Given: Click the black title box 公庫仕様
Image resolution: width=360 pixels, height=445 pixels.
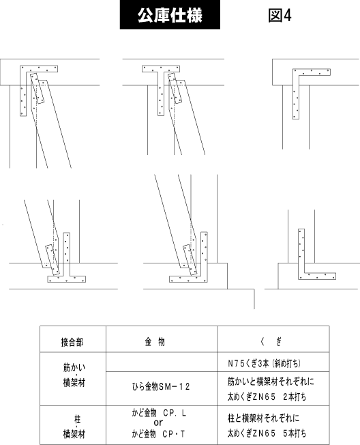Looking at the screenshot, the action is point(170,14).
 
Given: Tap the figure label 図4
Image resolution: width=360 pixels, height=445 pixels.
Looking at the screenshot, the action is point(280,15).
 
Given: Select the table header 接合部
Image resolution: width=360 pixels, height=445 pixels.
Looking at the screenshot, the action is point(72,342).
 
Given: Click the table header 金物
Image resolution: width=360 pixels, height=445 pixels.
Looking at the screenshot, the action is point(155,342).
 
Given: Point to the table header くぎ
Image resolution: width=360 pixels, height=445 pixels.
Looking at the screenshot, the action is point(271,342).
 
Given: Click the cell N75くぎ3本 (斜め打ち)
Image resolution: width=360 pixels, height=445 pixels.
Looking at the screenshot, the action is point(264,363).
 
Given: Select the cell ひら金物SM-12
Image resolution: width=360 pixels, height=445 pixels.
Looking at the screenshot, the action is point(161,386).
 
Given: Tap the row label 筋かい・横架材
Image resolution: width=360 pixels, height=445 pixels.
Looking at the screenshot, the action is point(74,375).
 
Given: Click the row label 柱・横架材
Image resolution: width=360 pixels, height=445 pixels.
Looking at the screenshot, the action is point(74,427).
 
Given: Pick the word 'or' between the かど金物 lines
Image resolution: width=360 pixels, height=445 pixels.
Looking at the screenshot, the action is point(158,422).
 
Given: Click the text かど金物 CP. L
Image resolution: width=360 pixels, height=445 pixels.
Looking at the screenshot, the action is point(159,413).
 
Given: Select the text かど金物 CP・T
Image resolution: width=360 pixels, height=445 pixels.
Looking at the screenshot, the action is point(158,433).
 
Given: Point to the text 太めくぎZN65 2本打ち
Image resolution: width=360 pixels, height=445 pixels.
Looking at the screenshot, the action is point(267,397).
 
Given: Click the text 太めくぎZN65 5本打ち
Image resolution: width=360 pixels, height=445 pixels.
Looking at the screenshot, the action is point(267,433).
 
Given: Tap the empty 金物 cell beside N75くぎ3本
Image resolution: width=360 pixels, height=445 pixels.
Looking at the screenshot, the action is point(162,362).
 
